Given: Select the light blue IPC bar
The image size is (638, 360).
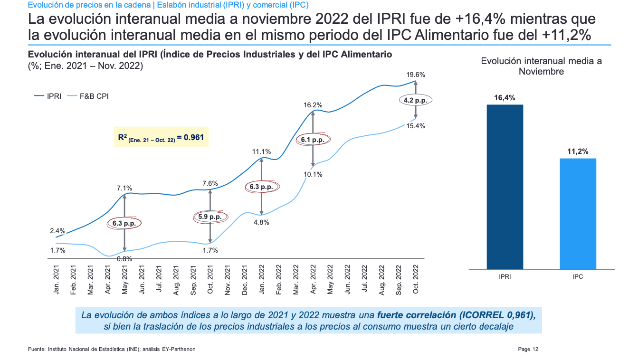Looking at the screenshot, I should [x=578, y=214].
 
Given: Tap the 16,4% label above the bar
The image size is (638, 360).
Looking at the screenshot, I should [x=505, y=98].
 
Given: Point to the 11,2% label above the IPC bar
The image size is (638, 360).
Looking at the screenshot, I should [x=578, y=152].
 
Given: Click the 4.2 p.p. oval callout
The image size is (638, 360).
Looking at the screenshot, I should [x=415, y=100].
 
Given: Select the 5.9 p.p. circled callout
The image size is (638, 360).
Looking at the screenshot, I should [x=209, y=217].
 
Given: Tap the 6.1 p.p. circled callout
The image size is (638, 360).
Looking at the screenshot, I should [x=313, y=140].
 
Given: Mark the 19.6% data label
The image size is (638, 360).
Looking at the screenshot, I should [x=416, y=75].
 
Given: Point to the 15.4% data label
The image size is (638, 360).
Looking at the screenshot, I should [x=416, y=126].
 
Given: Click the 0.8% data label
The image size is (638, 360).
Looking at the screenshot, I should [x=124, y=259].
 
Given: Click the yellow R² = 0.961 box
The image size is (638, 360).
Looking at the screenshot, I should [x=161, y=137].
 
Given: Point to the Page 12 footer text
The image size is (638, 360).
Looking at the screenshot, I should [x=528, y=349].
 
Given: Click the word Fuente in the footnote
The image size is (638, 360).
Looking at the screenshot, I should [x=37, y=349].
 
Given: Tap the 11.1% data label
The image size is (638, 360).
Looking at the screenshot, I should [x=261, y=152].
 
